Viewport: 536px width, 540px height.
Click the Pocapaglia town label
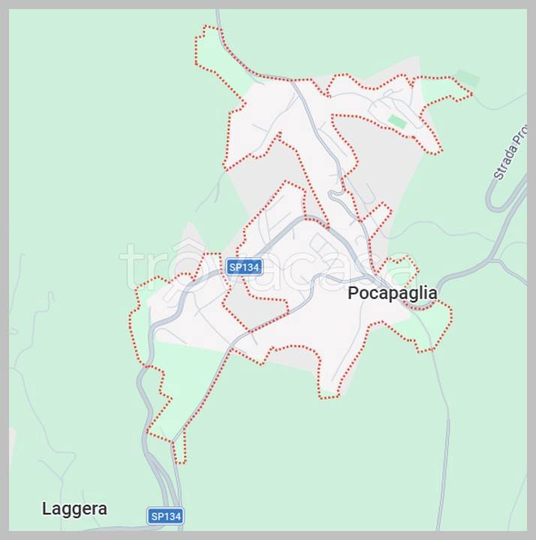392,293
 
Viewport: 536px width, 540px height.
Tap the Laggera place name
74,508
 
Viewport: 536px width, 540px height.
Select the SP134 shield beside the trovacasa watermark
244,267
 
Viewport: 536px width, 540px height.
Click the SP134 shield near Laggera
165,516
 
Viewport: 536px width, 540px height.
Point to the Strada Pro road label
507,159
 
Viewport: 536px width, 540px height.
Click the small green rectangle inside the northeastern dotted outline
397,121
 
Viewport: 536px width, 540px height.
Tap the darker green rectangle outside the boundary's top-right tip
467,78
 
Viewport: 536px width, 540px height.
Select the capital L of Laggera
47,508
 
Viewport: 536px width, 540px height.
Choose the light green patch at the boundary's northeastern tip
443,90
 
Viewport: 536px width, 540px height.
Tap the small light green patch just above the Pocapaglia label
398,270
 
